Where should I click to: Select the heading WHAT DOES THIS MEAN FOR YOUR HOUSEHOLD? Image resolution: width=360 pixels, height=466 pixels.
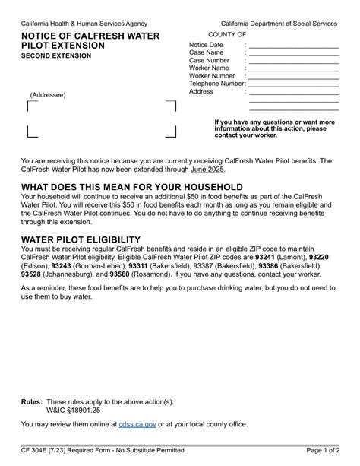click(132, 187)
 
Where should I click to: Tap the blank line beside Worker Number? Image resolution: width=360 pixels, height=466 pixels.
click(293, 76)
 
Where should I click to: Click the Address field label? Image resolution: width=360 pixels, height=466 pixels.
click(201, 91)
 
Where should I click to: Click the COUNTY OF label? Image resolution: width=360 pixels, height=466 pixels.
click(226, 34)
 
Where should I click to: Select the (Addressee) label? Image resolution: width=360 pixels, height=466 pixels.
click(48, 95)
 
